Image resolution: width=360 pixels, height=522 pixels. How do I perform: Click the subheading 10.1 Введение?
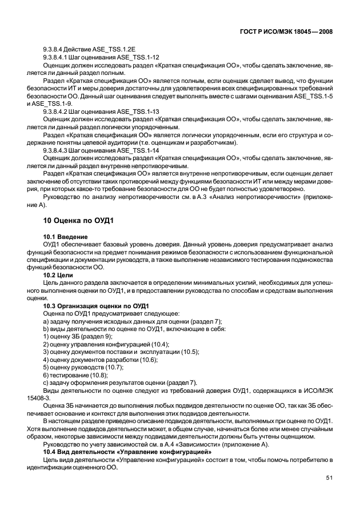click(x=65, y=236)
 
